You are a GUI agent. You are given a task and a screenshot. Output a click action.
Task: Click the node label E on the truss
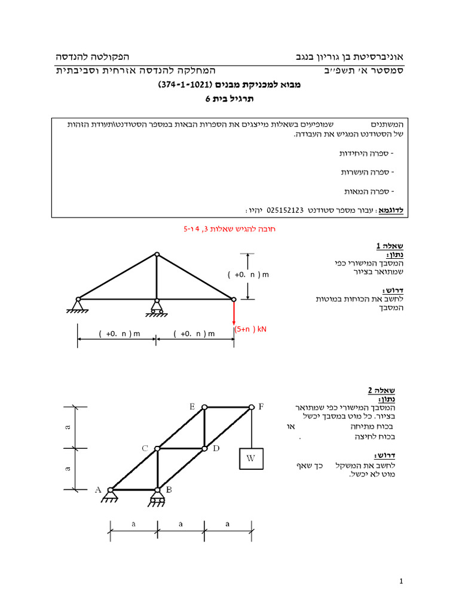(192, 406)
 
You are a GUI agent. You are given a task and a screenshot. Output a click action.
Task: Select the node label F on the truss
(261, 406)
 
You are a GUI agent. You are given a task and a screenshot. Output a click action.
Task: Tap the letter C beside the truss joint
(145, 448)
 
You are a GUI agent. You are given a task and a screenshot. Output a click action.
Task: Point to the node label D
(216, 448)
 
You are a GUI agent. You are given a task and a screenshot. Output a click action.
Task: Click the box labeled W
(251, 460)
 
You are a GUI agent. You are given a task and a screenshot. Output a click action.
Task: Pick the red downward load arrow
(234, 313)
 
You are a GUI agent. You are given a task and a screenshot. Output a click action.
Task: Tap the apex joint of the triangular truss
(157, 254)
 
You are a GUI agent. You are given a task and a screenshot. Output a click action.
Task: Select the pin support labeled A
(111, 494)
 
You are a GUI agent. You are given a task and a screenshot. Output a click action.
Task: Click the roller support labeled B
(158, 494)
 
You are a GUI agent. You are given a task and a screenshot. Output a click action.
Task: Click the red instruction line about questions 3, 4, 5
(230, 229)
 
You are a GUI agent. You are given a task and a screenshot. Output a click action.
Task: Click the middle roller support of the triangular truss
(157, 308)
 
